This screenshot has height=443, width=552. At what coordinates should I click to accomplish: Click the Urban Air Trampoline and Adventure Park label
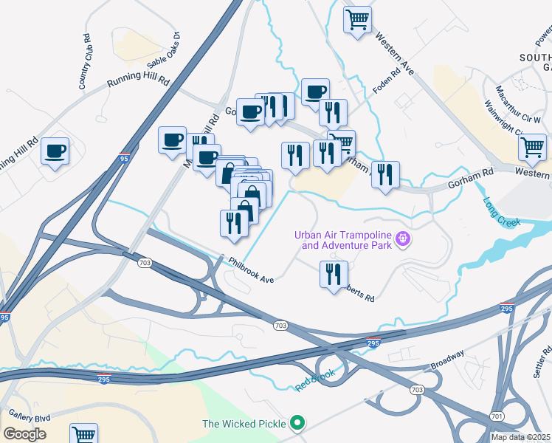click(343, 240)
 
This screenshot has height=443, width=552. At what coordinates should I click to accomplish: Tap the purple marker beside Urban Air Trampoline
click(402, 238)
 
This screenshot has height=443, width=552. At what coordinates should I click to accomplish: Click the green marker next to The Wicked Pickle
click(297, 423)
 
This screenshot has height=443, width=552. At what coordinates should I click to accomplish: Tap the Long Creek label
click(502, 211)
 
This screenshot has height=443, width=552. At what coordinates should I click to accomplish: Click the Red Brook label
click(315, 379)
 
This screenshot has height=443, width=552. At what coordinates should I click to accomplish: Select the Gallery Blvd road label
click(26, 417)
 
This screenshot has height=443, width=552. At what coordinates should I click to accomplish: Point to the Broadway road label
click(447, 360)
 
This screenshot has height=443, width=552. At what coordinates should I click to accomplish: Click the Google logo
click(24, 434)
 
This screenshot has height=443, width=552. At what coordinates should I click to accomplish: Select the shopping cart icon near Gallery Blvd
click(84, 435)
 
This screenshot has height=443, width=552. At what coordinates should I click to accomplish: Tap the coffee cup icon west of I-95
click(55, 151)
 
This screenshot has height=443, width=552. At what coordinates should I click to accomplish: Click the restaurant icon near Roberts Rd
click(334, 273)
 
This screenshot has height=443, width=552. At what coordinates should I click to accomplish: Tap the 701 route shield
click(497, 417)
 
